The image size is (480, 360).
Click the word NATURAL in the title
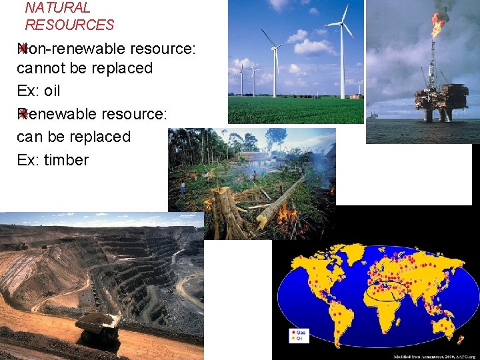57,8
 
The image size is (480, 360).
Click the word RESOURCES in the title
69,25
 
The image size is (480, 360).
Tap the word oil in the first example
52,91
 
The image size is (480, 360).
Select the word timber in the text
66,160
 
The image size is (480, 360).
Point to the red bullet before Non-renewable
23,48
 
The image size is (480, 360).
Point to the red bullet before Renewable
23,114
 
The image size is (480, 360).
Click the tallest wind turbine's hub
343,24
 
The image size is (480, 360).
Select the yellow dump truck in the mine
97,327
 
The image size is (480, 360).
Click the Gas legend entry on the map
299,331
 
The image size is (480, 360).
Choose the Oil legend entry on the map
298,338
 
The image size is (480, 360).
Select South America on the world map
334,313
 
